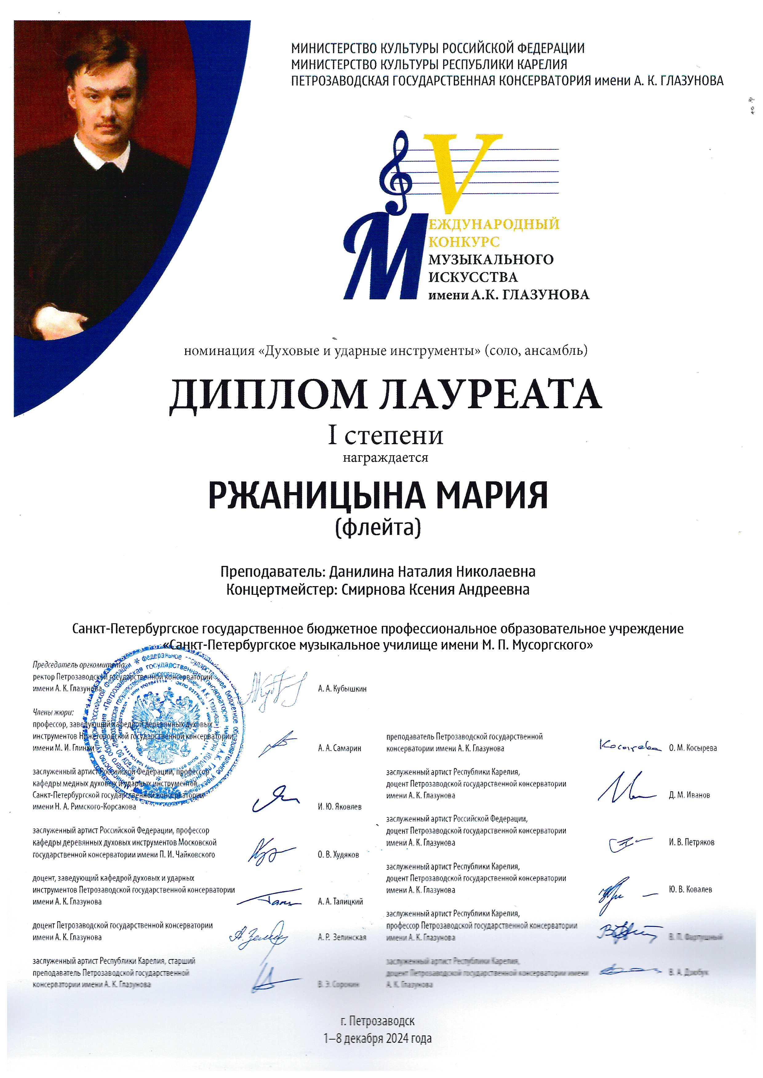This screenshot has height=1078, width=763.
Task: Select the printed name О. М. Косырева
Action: (693, 748)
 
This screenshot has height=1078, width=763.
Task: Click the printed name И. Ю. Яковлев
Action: (339, 807)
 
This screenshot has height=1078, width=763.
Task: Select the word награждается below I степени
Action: (385, 457)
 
